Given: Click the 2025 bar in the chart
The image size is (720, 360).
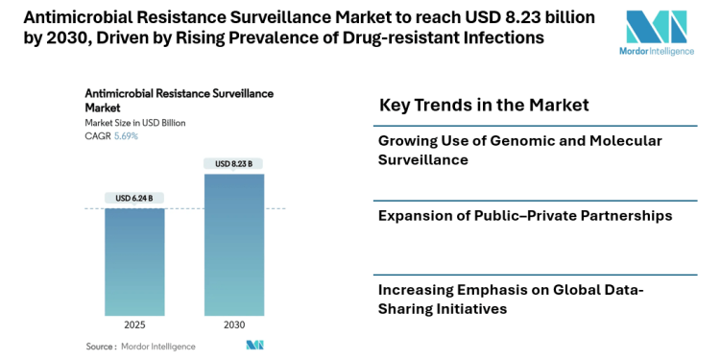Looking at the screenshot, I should [134, 261].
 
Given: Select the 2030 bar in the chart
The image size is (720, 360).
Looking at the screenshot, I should [234, 245].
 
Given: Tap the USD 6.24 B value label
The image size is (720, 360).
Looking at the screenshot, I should [134, 199].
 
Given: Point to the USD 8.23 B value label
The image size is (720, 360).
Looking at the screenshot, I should [234, 164].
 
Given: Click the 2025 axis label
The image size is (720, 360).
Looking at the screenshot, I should [134, 324].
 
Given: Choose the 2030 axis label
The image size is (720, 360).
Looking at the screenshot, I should [234, 324].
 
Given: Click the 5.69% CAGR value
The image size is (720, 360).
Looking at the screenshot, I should [126, 136].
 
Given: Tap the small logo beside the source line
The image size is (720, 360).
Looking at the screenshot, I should [254, 346].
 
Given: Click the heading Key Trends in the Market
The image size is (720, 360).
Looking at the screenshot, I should [484, 105].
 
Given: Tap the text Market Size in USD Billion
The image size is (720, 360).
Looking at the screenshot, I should [135, 123].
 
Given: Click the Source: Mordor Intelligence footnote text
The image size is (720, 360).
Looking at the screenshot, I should [140, 346].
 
